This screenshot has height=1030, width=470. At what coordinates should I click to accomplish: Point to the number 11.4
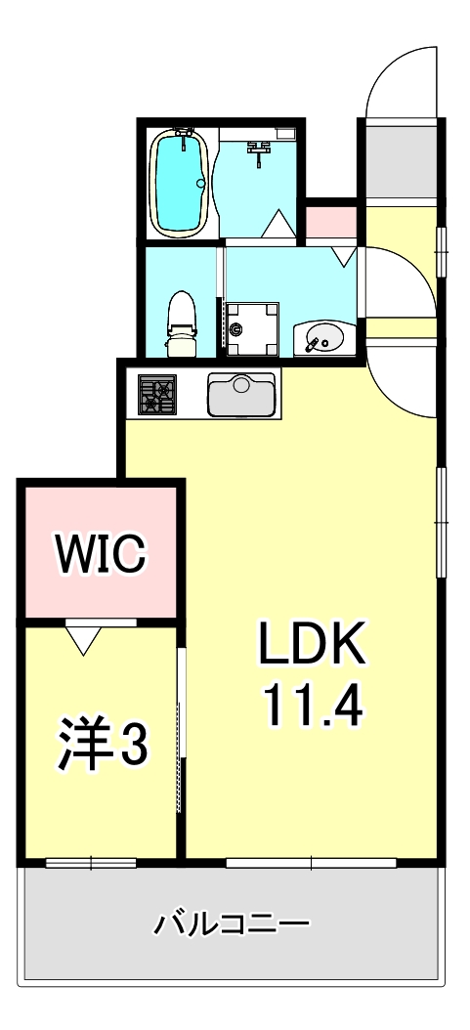(x=311, y=704)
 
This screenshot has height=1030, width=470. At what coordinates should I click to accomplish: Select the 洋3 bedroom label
(x=102, y=746)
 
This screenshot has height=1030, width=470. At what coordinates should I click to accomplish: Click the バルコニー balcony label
(x=232, y=922)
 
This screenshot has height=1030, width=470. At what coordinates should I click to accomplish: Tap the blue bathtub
(x=180, y=183)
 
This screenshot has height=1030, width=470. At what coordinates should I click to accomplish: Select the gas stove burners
(x=157, y=395)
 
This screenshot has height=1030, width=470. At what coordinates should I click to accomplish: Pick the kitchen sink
(x=240, y=396)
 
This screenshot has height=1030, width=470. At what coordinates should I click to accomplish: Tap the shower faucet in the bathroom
(x=261, y=150)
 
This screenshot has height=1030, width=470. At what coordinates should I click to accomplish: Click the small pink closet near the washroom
(x=330, y=222)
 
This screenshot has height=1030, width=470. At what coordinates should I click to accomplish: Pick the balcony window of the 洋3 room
(x=90, y=862)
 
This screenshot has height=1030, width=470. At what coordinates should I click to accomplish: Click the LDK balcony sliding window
(x=311, y=862)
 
